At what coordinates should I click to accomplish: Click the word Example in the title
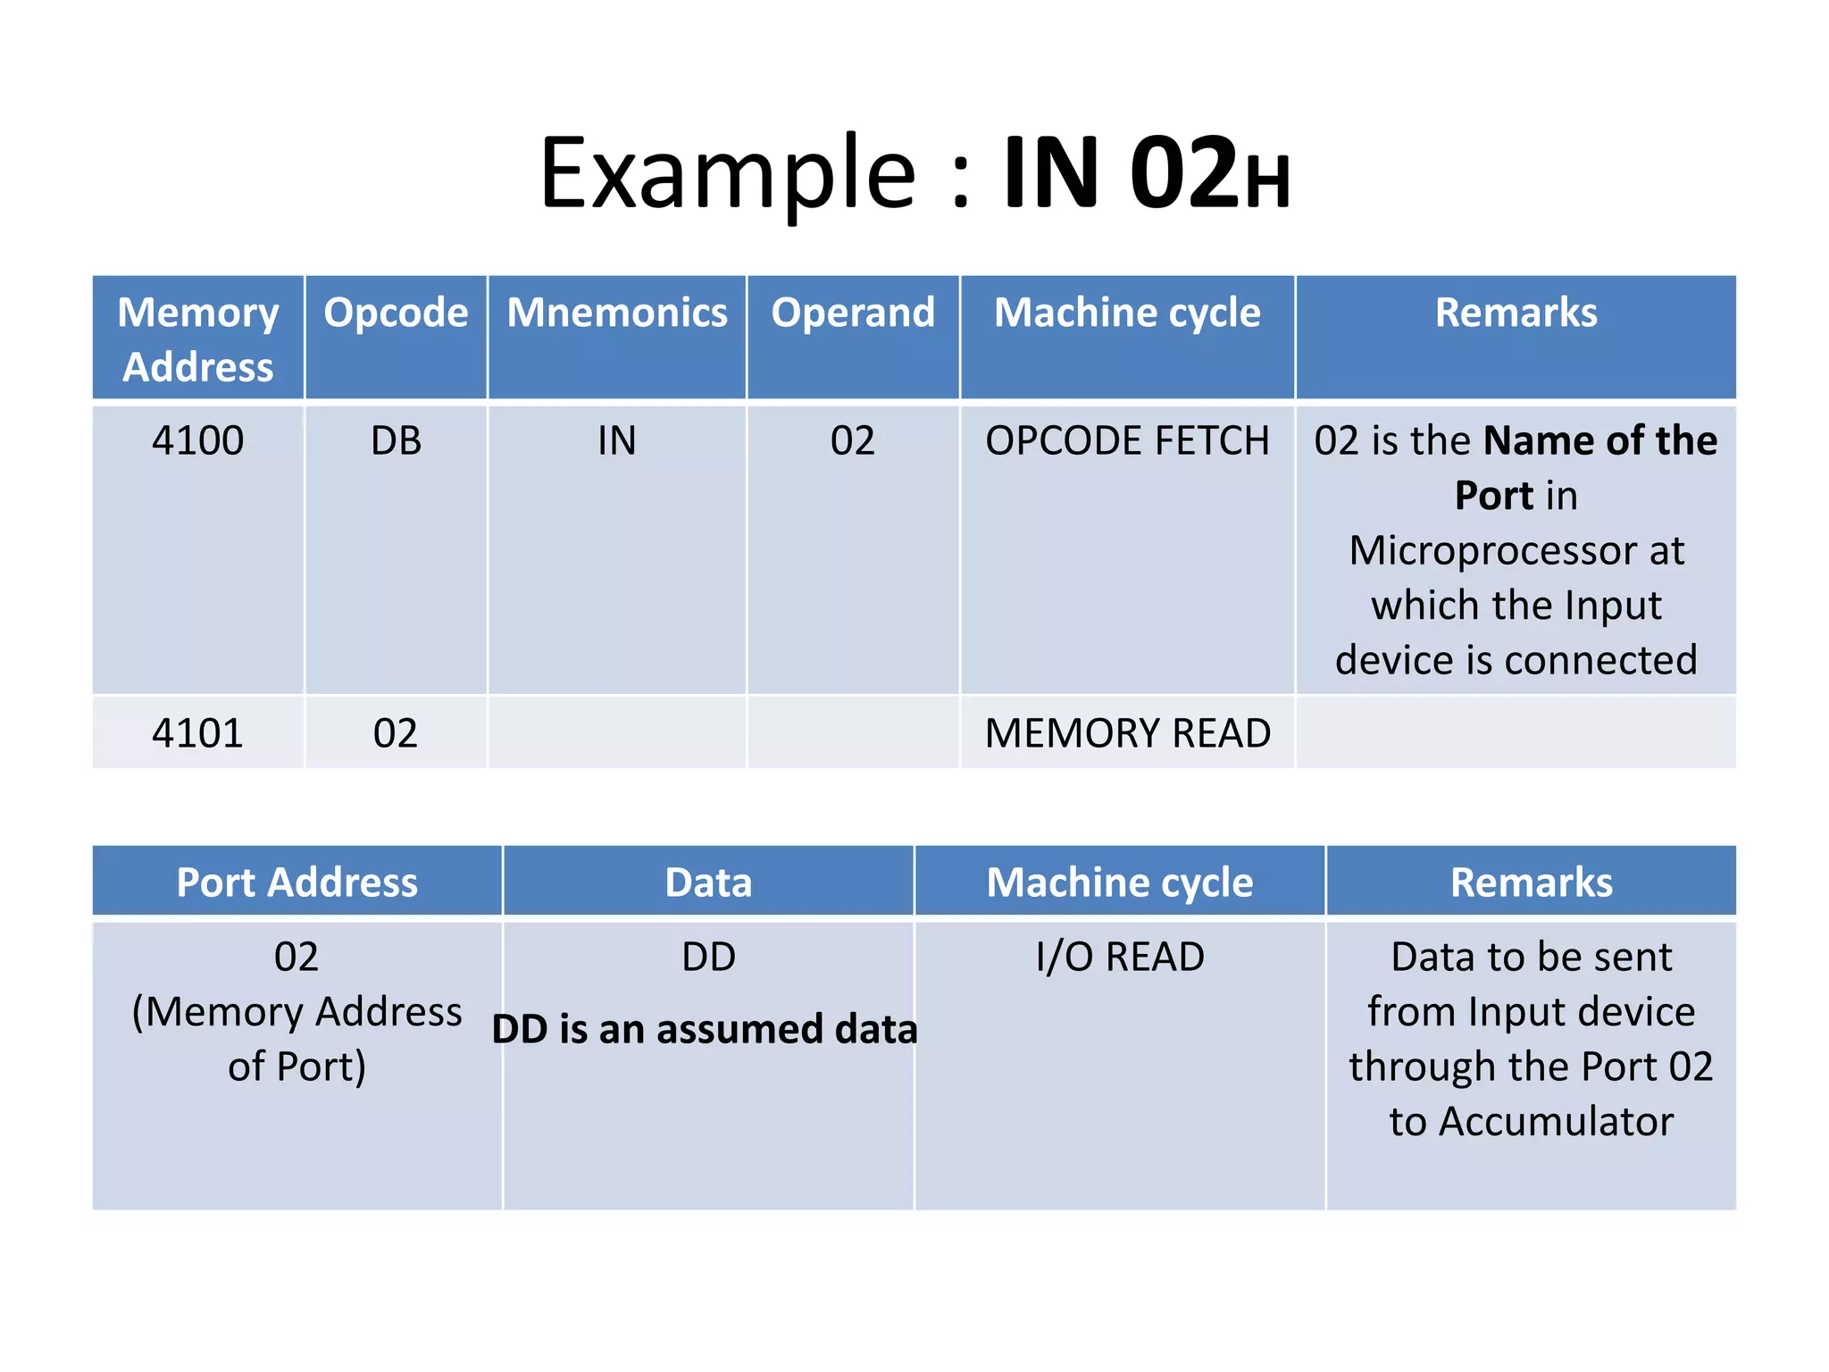(x=728, y=173)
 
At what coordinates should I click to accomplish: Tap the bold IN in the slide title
(x=1050, y=173)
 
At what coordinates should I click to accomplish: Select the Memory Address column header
(x=198, y=339)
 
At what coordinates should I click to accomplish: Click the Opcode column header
(x=396, y=313)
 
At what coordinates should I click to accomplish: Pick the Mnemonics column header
(x=617, y=313)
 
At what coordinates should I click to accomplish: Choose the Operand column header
(x=853, y=313)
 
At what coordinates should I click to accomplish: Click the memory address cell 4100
(x=198, y=440)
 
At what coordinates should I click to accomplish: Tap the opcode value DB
(x=396, y=440)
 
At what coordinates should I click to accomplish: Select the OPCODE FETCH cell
(x=1127, y=440)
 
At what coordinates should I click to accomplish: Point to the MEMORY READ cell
(x=1127, y=733)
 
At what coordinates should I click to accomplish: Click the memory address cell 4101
(x=198, y=733)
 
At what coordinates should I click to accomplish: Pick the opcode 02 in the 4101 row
(x=396, y=733)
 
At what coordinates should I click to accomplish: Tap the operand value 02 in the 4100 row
(x=853, y=440)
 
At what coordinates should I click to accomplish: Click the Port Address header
(x=297, y=883)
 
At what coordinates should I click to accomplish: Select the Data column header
(x=708, y=883)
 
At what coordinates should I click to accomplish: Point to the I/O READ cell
(x=1120, y=957)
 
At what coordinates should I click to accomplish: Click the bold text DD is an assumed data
(x=705, y=1029)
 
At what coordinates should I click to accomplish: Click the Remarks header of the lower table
(x=1532, y=883)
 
